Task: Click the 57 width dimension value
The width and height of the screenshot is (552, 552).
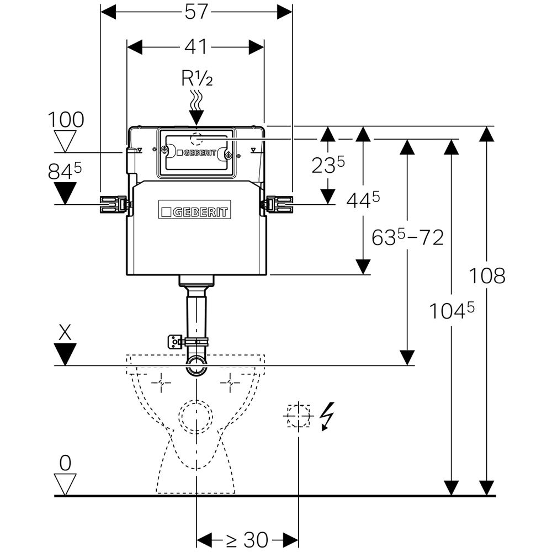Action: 196,12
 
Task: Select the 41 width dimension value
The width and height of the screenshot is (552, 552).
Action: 196,47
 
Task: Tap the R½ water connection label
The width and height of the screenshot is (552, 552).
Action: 197,79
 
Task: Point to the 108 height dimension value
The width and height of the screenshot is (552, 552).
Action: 487,275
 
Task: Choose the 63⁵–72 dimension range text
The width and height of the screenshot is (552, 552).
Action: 407,238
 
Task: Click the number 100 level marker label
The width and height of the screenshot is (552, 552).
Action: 66,119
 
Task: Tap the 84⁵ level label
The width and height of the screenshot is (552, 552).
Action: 65,172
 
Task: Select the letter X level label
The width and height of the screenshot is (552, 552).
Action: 66,331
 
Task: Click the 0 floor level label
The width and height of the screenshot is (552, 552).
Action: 66,463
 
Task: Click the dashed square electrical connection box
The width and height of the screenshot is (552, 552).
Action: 299,416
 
